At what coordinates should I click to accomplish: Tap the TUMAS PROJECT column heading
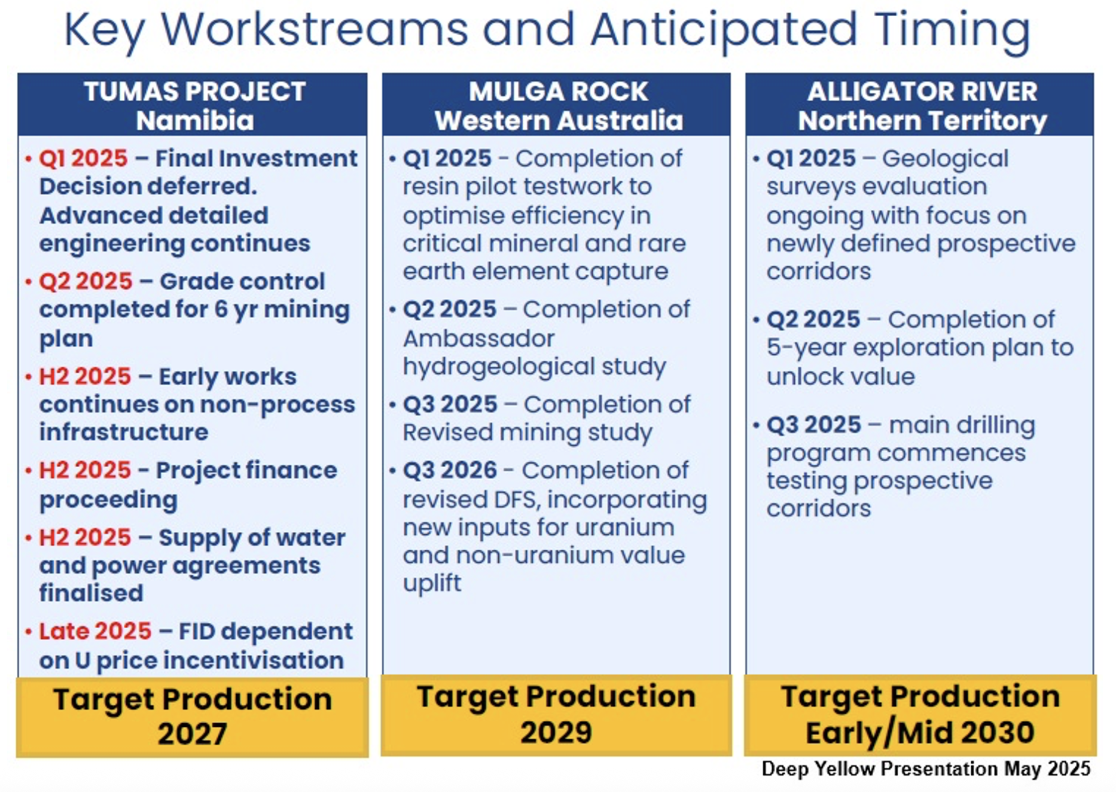coord(194,92)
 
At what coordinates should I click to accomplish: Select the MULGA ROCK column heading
coord(558,92)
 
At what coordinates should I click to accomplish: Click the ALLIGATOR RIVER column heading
coord(922,92)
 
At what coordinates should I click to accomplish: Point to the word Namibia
coord(194,121)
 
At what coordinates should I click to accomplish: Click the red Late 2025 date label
coord(95,631)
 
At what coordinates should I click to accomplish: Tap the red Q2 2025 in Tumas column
coord(86,281)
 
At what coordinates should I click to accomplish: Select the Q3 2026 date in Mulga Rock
coord(450,470)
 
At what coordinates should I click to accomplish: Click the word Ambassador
coord(478,339)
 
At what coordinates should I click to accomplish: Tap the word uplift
coord(432,583)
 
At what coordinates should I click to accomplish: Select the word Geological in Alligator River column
coord(945,159)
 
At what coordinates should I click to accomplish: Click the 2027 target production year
coord(193,733)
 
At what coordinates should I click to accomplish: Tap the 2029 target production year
coord(556,732)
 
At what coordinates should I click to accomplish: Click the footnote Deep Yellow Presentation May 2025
coord(926,769)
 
